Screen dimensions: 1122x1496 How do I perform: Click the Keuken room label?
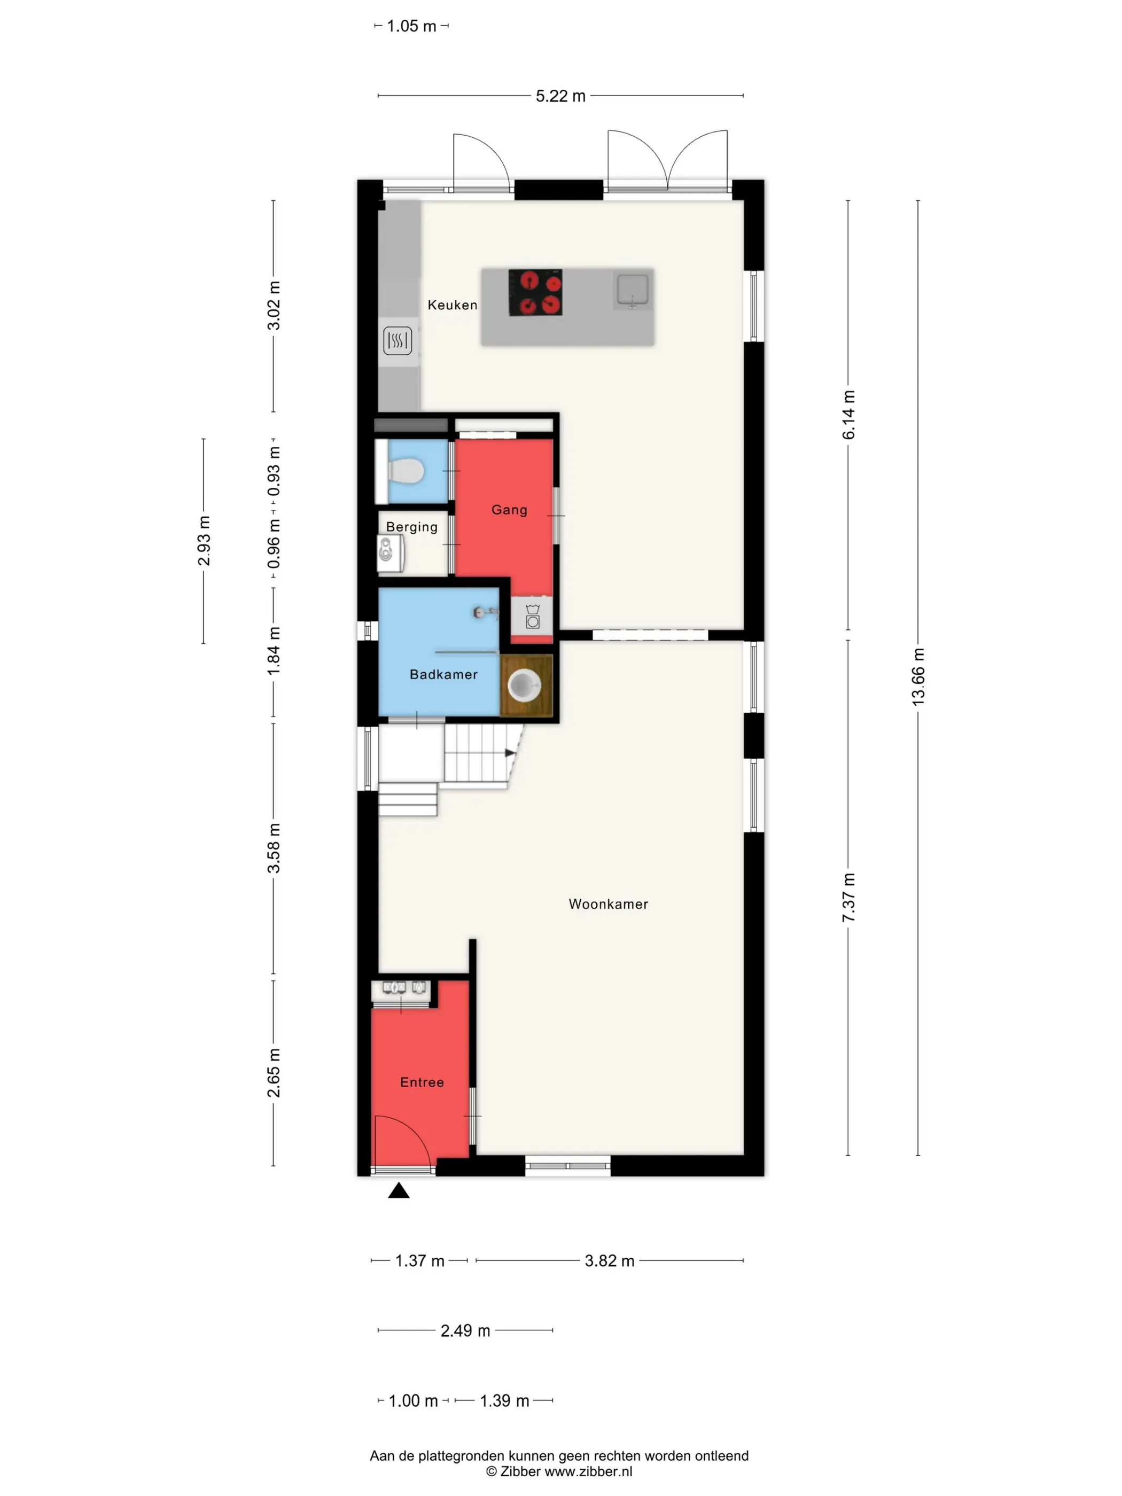tap(452, 305)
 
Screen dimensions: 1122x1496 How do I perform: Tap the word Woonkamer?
tap(608, 904)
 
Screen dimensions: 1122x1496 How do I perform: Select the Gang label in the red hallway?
tap(509, 510)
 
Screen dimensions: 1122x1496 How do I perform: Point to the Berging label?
tap(411, 527)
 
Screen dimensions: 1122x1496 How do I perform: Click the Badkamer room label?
tap(443, 674)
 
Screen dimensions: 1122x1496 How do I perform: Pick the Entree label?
tap(422, 1082)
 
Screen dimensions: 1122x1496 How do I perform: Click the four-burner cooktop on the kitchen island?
tap(535, 292)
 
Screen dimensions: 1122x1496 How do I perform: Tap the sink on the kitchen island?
tap(633, 290)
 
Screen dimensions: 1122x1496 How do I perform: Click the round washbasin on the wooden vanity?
tap(524, 685)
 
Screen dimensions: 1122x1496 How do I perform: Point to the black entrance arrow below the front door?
tap(399, 1209)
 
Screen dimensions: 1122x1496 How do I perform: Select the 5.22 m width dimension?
tap(560, 96)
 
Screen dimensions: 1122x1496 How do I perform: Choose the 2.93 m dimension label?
tap(204, 540)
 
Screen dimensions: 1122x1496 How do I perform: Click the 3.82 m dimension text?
tap(610, 1260)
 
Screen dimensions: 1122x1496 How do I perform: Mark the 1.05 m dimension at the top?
tap(411, 26)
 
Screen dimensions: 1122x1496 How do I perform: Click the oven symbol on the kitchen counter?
tap(398, 341)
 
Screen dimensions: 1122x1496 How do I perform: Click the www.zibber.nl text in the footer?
tap(588, 1471)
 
